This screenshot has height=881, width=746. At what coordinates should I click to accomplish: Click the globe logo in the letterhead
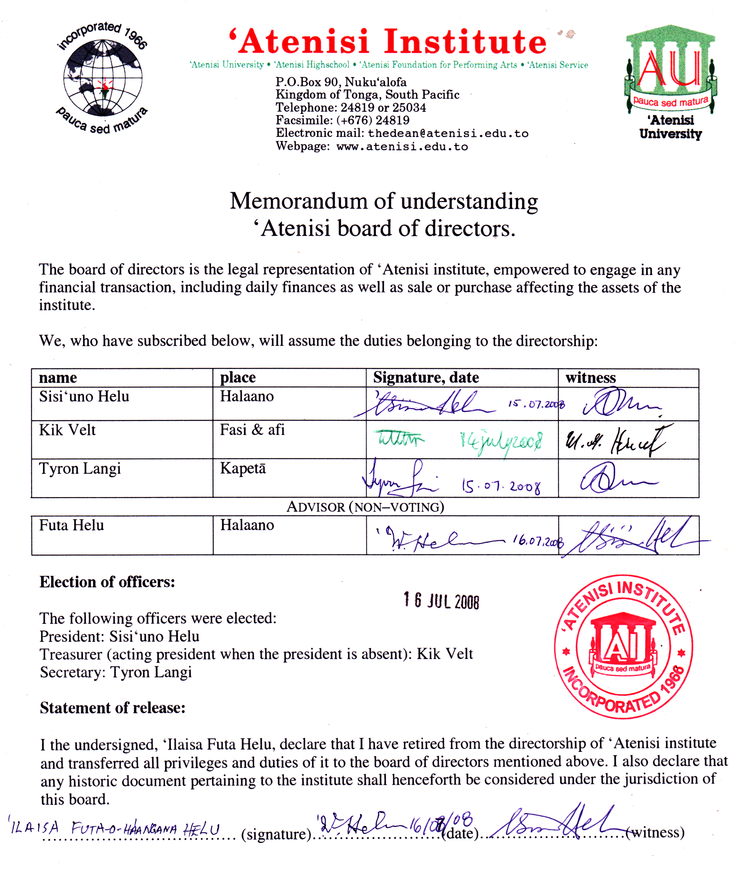click(x=103, y=78)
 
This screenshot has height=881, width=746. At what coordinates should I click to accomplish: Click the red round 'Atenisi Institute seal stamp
click(x=623, y=647)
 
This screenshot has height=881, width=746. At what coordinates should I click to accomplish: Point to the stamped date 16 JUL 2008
click(x=441, y=601)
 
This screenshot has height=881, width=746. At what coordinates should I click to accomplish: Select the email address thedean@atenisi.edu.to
click(x=448, y=134)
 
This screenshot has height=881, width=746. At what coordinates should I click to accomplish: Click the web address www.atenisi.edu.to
click(x=402, y=147)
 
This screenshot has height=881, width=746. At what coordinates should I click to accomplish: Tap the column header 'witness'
click(x=590, y=378)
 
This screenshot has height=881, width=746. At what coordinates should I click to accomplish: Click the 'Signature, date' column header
click(x=426, y=378)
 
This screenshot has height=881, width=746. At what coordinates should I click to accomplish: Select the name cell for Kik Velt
click(x=67, y=430)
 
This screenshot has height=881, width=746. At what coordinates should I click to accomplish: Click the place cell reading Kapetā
click(x=243, y=469)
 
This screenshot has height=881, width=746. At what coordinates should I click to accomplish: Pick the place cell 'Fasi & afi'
click(x=252, y=430)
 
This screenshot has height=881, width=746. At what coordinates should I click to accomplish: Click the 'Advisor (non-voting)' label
click(x=365, y=507)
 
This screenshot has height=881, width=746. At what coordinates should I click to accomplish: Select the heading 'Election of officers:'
click(x=108, y=582)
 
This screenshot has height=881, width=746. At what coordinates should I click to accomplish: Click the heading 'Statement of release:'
click(x=112, y=708)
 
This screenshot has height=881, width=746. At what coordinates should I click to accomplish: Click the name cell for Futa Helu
click(x=72, y=526)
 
